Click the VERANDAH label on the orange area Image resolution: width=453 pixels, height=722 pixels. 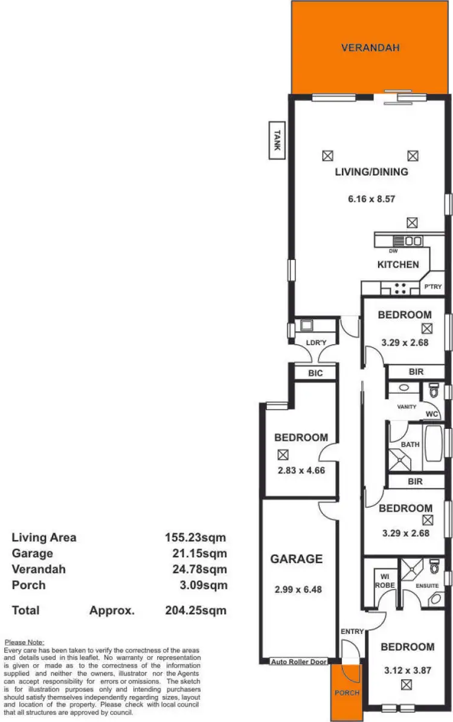(370, 48)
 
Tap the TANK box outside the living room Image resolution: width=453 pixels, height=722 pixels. (277, 141)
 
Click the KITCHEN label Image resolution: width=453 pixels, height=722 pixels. (397, 265)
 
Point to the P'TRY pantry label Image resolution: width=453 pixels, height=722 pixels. (433, 288)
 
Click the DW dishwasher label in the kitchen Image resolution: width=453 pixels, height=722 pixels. (393, 251)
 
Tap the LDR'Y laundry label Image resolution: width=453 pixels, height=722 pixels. (314, 343)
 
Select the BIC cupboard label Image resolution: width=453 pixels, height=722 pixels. (315, 373)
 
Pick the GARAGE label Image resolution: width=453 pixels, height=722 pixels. (296, 559)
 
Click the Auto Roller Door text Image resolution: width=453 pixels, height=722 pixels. (299, 662)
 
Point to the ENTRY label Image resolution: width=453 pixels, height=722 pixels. (352, 632)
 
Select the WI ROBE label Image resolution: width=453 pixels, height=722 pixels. (384, 581)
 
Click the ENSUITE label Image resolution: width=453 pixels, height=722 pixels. (427, 586)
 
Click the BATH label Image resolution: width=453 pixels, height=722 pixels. (410, 445)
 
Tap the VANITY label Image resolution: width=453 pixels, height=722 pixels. (406, 407)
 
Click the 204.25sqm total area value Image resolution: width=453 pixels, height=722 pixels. (196, 611)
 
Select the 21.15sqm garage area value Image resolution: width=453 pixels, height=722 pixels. (196, 553)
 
